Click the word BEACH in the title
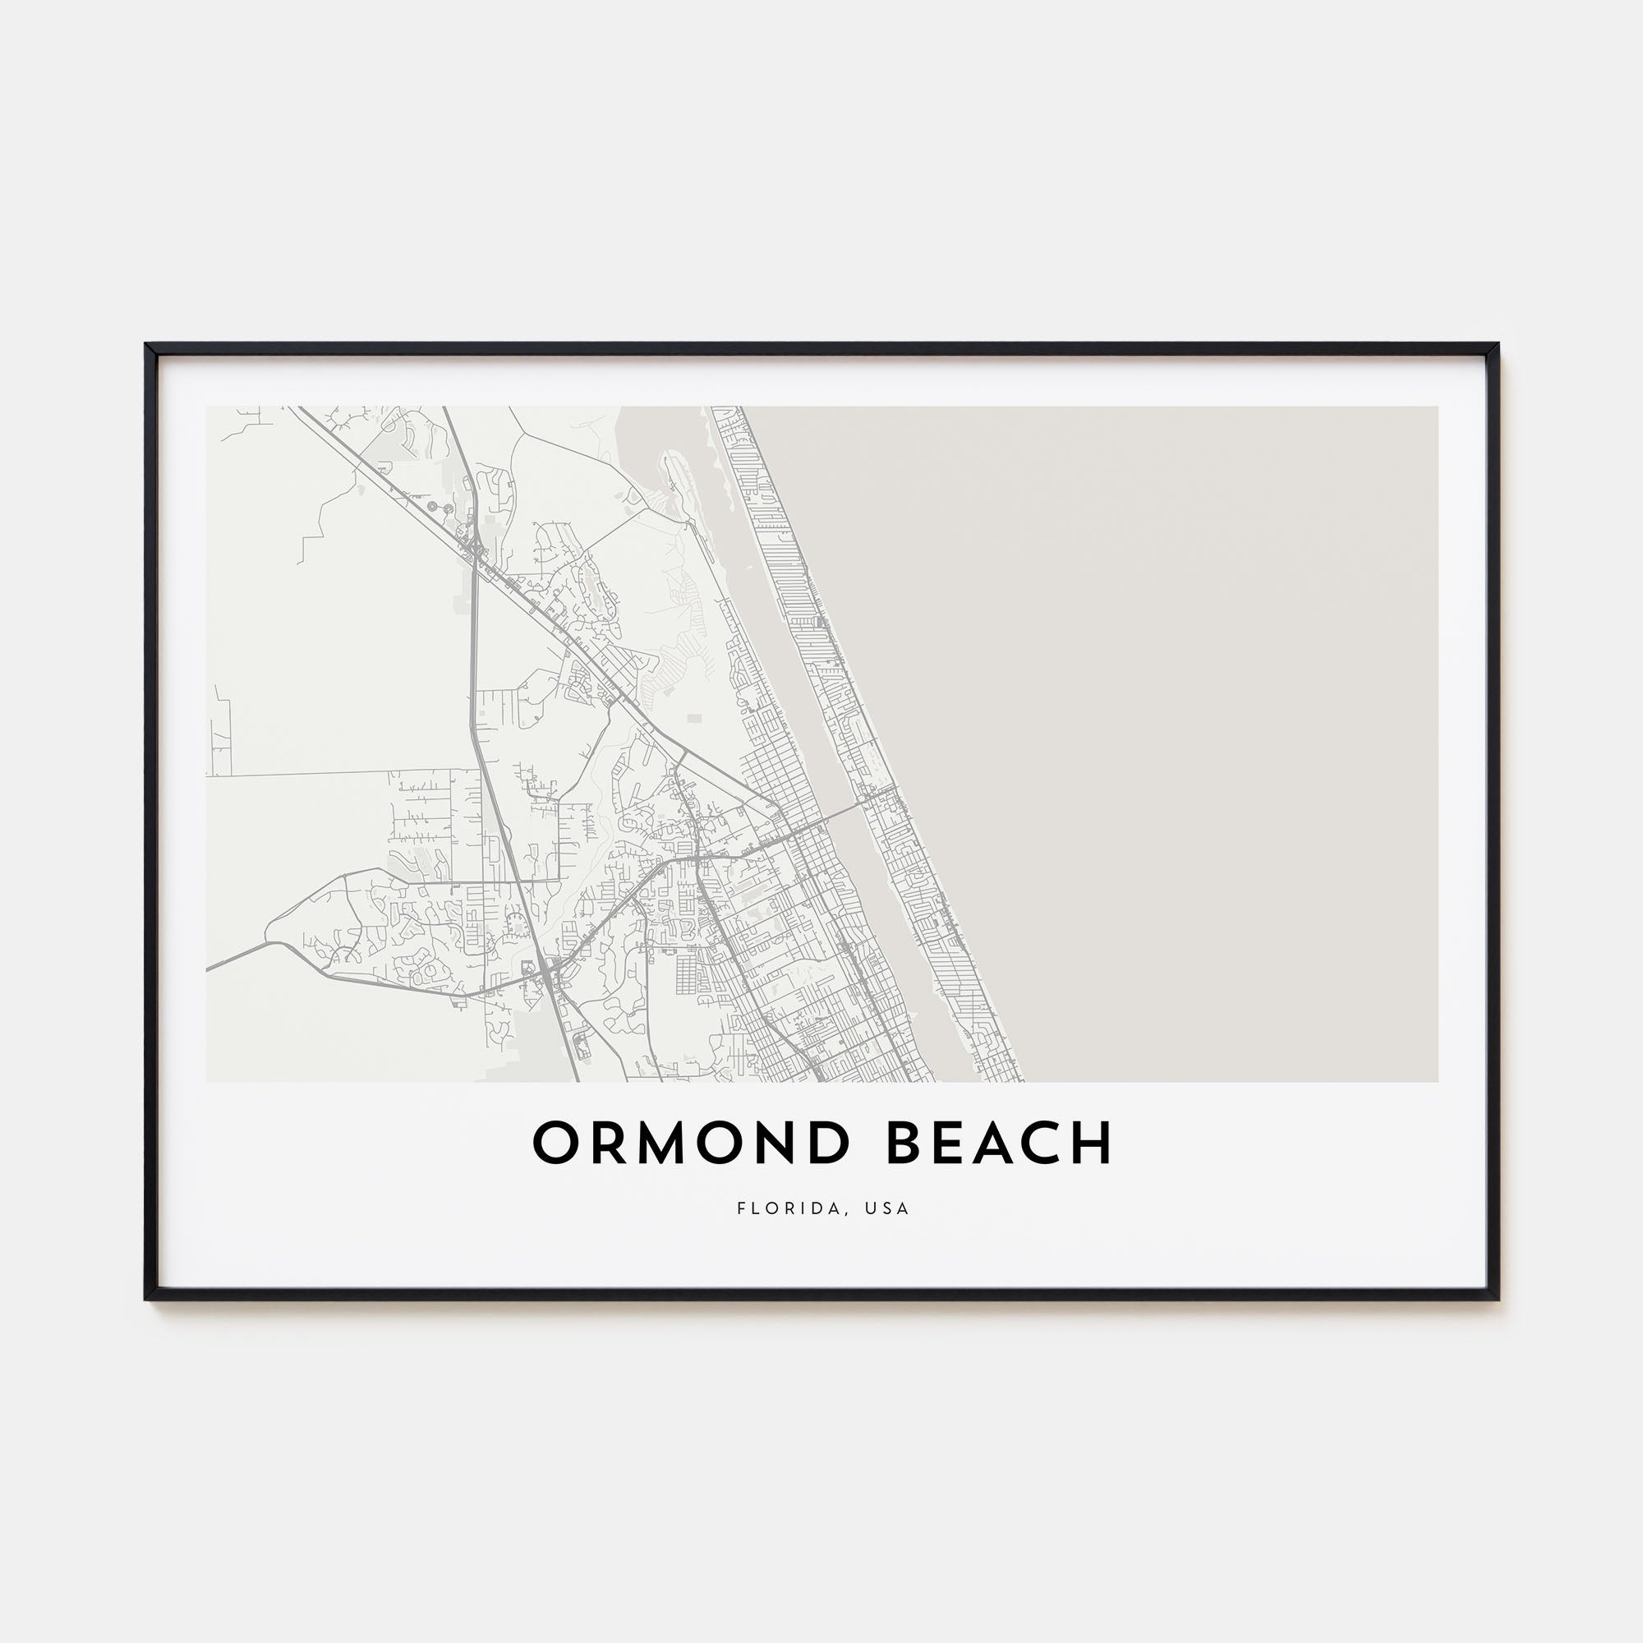(x=999, y=1143)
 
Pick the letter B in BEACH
(x=907, y=1143)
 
